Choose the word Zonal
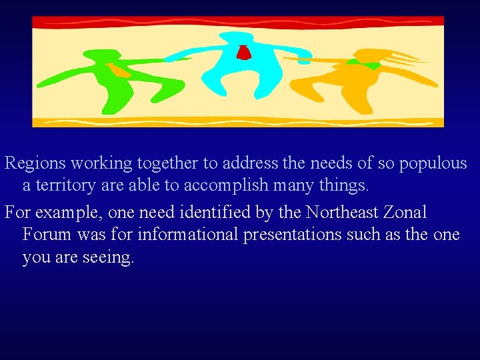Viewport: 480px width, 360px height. click(x=406, y=213)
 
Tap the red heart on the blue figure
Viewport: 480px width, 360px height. click(x=243, y=52)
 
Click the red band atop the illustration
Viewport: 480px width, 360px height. click(x=238, y=21)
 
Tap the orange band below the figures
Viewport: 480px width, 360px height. click(x=238, y=122)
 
